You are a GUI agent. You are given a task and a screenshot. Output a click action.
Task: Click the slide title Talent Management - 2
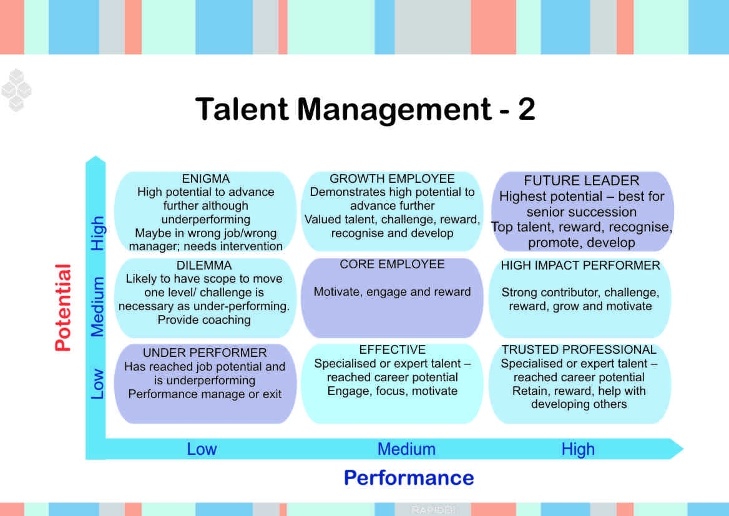[365, 109]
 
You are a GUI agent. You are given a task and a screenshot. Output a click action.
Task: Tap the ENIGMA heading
[205, 178]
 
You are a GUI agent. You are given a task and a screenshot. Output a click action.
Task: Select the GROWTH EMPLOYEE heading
[392, 178]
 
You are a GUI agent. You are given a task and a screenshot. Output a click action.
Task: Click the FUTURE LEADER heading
[581, 180]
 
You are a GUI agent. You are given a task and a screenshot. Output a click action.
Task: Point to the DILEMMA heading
[203, 265]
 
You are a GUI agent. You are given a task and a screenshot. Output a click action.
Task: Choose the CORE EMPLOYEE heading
[392, 264]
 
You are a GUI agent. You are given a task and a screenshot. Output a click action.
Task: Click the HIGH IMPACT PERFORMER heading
[580, 265]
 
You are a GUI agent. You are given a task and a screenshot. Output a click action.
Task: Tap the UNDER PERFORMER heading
[205, 353]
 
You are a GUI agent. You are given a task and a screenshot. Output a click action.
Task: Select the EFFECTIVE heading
[392, 349]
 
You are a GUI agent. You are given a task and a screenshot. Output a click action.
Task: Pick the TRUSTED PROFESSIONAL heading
[579, 349]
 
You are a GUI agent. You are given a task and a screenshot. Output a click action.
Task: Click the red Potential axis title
[63, 308]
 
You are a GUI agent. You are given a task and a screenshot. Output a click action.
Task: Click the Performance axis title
[409, 478]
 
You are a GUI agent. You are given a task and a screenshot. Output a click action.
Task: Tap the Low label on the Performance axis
[202, 449]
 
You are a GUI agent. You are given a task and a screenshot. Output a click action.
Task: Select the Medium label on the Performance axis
[406, 449]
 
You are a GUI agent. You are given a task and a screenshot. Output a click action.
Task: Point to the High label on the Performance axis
[578, 449]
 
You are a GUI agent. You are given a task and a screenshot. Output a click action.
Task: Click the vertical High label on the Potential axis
[97, 233]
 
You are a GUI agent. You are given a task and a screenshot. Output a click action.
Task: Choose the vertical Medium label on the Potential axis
[97, 307]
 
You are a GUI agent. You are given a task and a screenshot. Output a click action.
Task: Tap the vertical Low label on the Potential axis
[97, 384]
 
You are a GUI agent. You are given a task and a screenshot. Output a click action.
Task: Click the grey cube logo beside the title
[16, 90]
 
